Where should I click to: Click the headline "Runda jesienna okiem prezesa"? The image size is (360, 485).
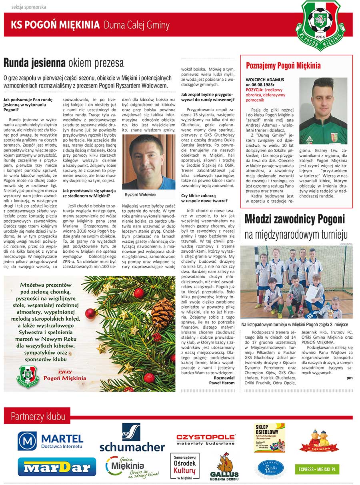(x=64, y=63)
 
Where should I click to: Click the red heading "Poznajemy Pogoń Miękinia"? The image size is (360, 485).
(x=283, y=66)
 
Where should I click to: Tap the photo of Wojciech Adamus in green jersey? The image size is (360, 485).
(x=323, y=111)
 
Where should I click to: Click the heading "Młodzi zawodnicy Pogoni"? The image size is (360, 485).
(x=294, y=220)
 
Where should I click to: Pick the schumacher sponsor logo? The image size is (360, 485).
(x=132, y=439)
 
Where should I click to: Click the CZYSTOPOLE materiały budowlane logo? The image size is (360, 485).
(x=206, y=439)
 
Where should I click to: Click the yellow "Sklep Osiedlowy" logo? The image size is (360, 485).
(x=269, y=438)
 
